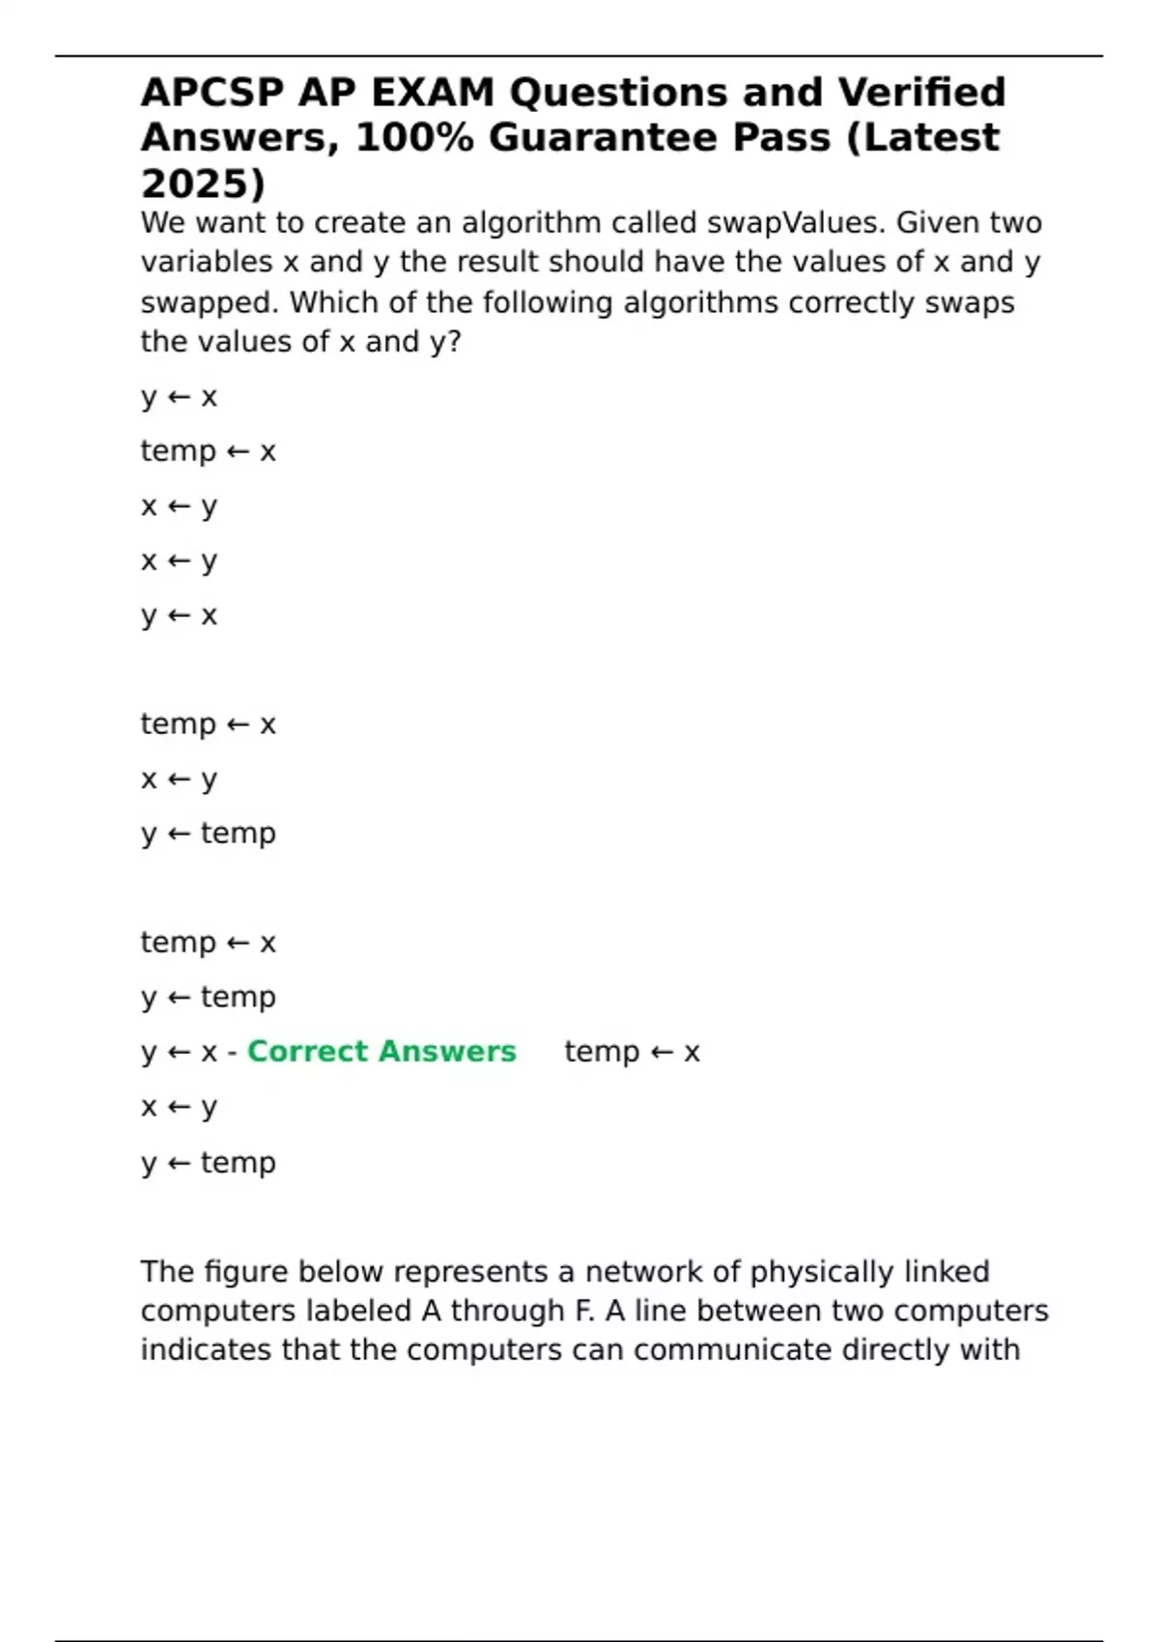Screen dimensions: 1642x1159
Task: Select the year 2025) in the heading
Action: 203,183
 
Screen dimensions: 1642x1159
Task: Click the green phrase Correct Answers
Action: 382,1051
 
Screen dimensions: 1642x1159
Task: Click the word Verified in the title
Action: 921,93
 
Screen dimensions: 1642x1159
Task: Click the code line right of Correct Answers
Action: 632,1051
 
